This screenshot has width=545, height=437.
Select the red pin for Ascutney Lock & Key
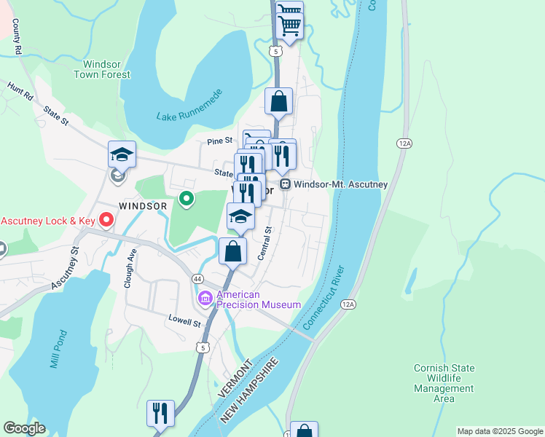coord(106,219)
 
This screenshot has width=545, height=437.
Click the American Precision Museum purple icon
coord(205,299)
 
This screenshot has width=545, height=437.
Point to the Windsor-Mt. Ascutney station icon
coord(286,185)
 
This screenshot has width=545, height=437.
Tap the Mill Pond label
coord(58,349)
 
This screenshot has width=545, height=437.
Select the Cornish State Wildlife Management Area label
coord(443,383)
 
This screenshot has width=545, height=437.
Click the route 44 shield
coord(197,279)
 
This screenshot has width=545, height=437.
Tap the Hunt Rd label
coord(20,90)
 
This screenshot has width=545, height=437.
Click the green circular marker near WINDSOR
coord(187,198)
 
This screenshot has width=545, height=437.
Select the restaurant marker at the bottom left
coord(160,413)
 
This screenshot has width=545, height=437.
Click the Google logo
coord(24,428)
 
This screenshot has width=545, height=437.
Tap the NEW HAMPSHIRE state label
coord(248,391)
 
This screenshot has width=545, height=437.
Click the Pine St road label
coord(219,141)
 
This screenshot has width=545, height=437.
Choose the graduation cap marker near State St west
coord(122,154)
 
